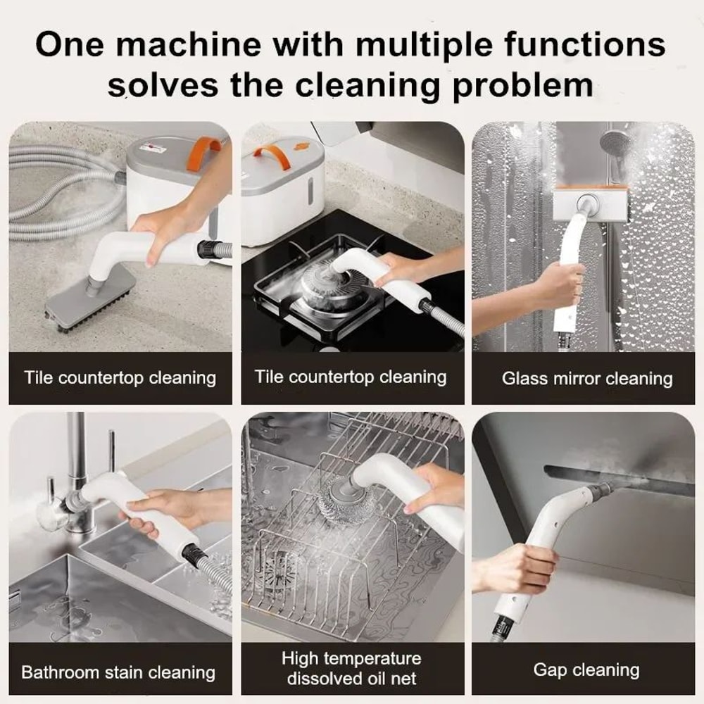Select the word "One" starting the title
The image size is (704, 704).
click(71, 44)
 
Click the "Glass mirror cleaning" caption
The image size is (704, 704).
click(587, 379)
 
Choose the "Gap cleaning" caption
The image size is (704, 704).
click(586, 670)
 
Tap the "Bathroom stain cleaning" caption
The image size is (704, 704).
click(118, 672)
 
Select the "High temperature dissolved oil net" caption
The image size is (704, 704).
click(351, 669)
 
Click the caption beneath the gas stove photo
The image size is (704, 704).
click(351, 377)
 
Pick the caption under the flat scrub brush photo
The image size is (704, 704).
click(120, 377)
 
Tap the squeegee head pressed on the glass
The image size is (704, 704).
click(589, 203)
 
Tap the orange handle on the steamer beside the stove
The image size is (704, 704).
click(272, 156)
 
